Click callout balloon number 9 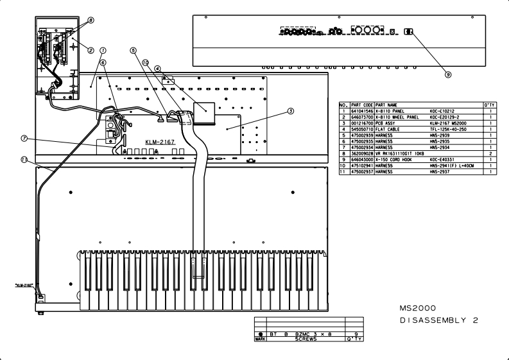(x=448, y=73)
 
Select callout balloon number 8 (x=91, y=21)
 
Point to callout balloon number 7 (x=24, y=137)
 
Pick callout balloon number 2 (x=91, y=49)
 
